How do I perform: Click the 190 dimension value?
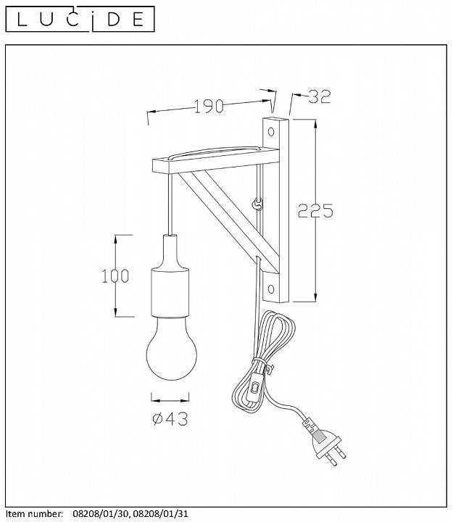(x=209, y=106)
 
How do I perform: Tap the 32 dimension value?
(x=320, y=96)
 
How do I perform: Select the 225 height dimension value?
(x=315, y=210)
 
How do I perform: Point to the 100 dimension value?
(x=115, y=276)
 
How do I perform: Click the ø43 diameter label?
(x=170, y=418)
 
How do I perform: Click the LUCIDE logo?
(x=80, y=19)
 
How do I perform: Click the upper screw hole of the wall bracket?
(x=271, y=132)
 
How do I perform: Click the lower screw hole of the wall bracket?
(x=271, y=289)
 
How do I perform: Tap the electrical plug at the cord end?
(x=324, y=442)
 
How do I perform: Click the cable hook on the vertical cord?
(x=257, y=204)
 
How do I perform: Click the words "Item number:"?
(x=35, y=514)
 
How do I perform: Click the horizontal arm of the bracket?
(x=216, y=160)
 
